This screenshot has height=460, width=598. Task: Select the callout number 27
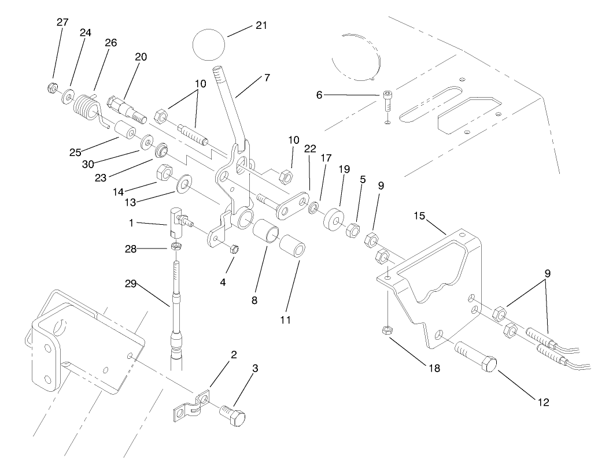click(62, 23)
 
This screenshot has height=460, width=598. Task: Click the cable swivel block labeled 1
click(177, 222)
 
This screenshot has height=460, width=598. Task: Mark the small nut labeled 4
click(234, 249)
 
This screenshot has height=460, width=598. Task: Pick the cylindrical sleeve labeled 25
click(123, 132)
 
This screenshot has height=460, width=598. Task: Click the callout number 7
click(267, 77)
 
